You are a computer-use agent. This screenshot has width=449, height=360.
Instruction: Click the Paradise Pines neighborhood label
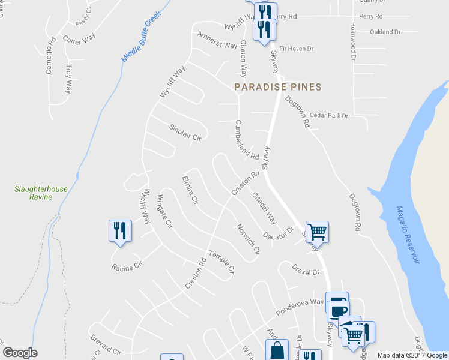tap(277, 87)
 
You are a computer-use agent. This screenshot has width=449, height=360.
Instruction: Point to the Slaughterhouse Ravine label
tap(41, 193)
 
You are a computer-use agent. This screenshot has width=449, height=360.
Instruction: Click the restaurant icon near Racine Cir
tap(119, 231)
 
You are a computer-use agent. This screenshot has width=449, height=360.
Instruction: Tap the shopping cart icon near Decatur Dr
tap(317, 230)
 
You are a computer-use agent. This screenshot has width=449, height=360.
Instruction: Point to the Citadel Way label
tap(264, 208)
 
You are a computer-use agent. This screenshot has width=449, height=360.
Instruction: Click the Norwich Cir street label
tap(248, 239)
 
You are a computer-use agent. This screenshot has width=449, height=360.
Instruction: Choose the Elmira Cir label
tap(190, 190)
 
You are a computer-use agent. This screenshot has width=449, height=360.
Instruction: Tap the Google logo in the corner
tap(20, 353)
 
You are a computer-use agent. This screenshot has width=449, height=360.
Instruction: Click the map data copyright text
tap(412, 355)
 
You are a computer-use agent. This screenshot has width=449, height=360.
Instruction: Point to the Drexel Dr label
tap(305, 269)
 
